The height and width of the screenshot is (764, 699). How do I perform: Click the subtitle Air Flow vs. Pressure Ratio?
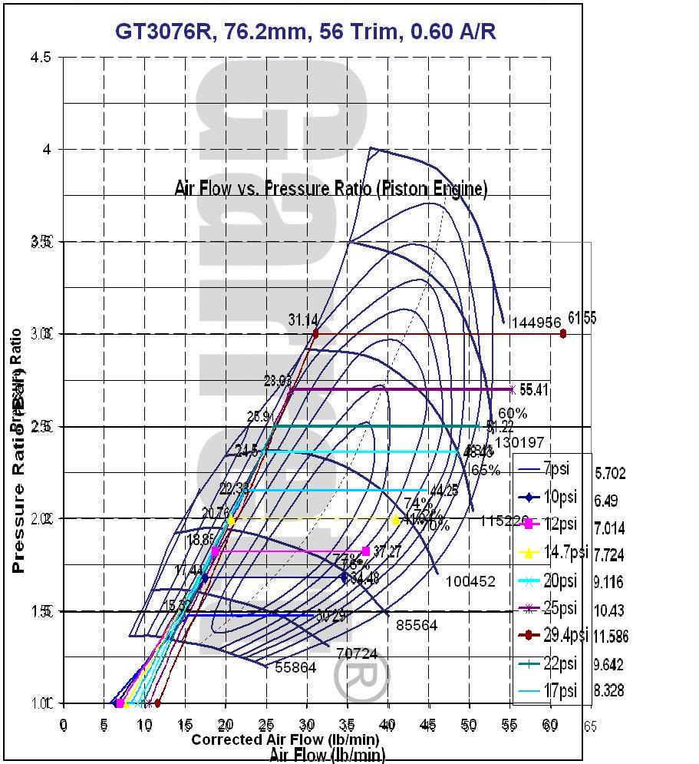tap(331, 188)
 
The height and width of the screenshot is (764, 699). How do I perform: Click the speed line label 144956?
tap(536, 323)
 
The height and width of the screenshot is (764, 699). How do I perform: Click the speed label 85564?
tap(417, 626)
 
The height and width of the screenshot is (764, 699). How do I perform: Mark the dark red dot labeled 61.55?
tap(563, 333)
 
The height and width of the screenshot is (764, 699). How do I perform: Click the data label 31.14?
tap(304, 319)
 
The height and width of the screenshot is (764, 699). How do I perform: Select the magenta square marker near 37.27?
tap(365, 551)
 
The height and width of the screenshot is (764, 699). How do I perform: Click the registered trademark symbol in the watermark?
tap(361, 676)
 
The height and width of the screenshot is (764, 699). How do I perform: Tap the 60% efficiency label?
tap(513, 413)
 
